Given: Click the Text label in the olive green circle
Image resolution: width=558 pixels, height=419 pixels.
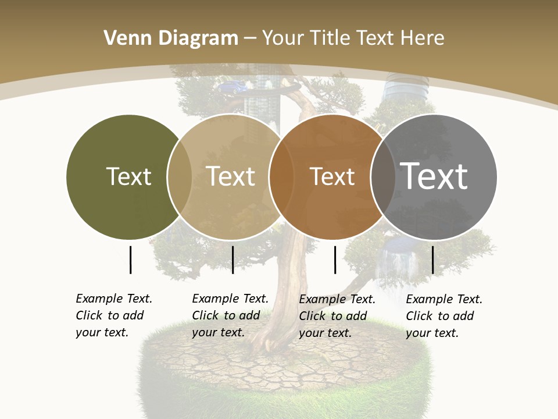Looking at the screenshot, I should tap(128, 176).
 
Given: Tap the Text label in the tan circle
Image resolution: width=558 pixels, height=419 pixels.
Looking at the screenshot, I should tap(231, 176).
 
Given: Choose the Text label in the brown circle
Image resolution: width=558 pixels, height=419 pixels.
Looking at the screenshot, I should tap(332, 176).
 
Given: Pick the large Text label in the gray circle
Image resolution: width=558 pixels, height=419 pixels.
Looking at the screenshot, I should tap(434, 176).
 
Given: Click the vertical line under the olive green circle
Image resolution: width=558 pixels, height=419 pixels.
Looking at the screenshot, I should tap(130, 260).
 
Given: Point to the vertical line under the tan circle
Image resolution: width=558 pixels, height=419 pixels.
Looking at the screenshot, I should tap(233, 260).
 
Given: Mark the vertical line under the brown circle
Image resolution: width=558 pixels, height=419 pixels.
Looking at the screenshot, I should tap(335, 260).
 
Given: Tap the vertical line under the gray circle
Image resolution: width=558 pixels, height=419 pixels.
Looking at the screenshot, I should tap(432, 260).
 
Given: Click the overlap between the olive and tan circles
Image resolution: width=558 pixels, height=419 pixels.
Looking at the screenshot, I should tap(180, 176).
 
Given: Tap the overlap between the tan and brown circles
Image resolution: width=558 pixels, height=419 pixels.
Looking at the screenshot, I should tap(281, 176).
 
